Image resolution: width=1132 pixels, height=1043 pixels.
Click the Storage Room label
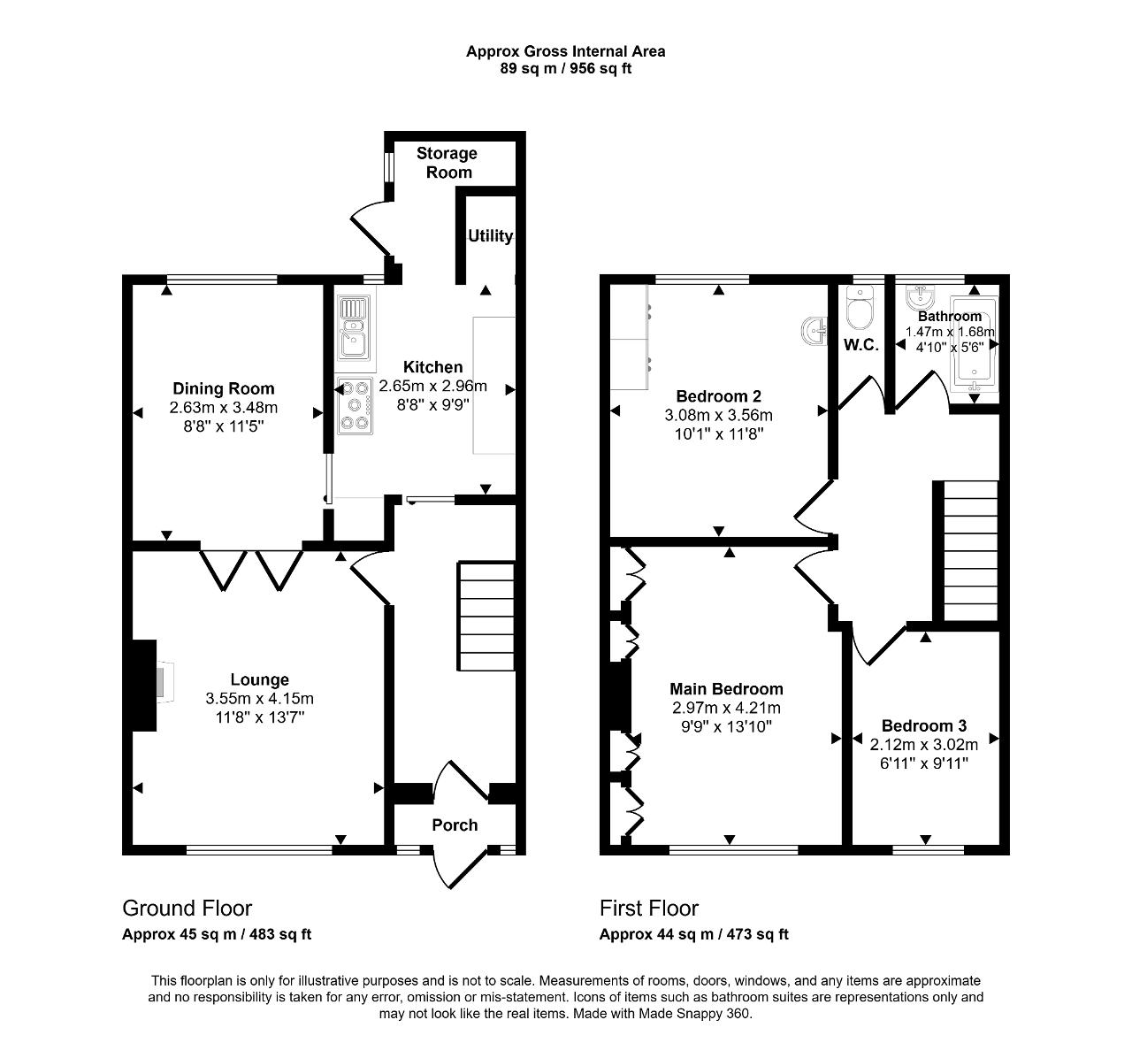[447, 163]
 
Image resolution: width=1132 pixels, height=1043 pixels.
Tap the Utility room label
[490, 236]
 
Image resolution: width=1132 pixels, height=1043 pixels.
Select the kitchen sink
[354, 328]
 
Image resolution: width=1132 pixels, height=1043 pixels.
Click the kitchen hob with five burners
[355, 405]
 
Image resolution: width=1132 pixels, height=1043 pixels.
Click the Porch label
[455, 825]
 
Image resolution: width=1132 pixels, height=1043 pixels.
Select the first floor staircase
[970, 550]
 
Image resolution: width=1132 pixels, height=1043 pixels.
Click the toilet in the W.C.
[860, 309]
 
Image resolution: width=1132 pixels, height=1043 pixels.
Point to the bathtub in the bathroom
[975, 345]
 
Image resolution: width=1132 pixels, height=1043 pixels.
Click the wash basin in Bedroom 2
[814, 330]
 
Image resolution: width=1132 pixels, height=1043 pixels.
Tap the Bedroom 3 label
[924, 725]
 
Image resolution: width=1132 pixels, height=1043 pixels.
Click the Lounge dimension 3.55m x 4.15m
[260, 699]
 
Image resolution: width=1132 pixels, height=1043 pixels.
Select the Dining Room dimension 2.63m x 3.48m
[224, 407]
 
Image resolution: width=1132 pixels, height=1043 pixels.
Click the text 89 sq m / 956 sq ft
[565, 69]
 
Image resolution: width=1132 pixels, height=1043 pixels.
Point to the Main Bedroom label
[726, 689]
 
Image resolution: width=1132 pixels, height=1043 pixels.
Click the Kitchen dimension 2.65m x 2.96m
[432, 387]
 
